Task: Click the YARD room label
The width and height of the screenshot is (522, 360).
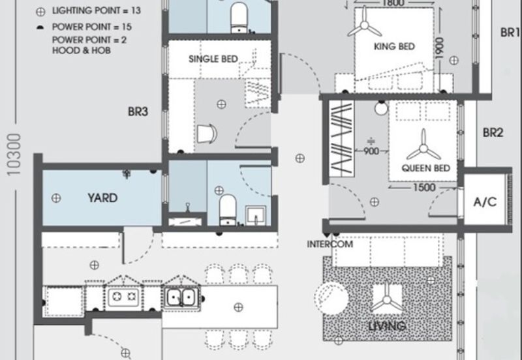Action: [103, 197]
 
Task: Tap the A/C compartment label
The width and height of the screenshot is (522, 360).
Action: [484, 202]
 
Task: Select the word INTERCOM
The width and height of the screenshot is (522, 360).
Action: [330, 245]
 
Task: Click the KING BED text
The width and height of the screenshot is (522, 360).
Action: [394, 46]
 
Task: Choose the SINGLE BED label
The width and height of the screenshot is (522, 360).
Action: [213, 59]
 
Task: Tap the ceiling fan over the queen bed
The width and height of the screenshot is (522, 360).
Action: [423, 144]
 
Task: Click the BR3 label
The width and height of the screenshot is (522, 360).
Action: [138, 112]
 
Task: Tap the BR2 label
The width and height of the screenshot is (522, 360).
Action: [493, 132]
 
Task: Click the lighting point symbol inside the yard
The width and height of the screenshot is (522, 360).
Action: [57, 196]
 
